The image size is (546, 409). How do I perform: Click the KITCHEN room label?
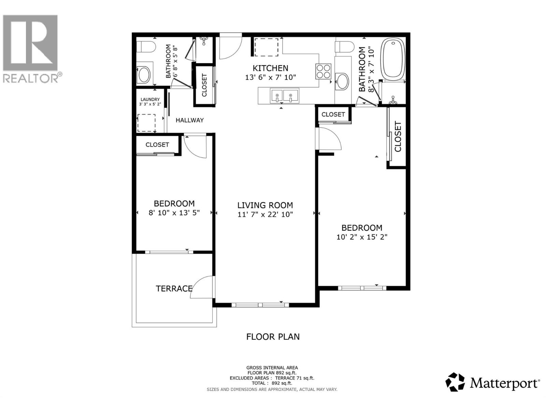click(x=270, y=68)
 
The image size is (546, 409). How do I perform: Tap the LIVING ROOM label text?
click(x=265, y=205)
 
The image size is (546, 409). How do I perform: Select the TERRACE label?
click(x=174, y=289)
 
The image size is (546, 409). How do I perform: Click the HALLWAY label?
click(x=189, y=120)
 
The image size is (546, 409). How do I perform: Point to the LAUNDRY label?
click(x=150, y=100)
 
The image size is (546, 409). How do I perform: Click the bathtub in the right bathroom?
click(x=393, y=58)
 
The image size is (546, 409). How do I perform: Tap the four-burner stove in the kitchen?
click(x=323, y=71)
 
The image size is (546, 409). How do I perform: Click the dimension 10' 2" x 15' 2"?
click(x=362, y=237)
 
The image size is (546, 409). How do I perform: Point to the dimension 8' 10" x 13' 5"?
click(x=174, y=213)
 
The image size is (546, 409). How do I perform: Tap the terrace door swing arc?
click(x=202, y=287)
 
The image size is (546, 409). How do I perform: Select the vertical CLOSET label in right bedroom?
click(x=398, y=136)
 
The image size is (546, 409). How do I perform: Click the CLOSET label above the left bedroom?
click(x=157, y=145)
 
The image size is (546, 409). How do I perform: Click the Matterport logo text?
click(x=504, y=383)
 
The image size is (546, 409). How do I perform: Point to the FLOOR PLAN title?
click(x=273, y=337)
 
